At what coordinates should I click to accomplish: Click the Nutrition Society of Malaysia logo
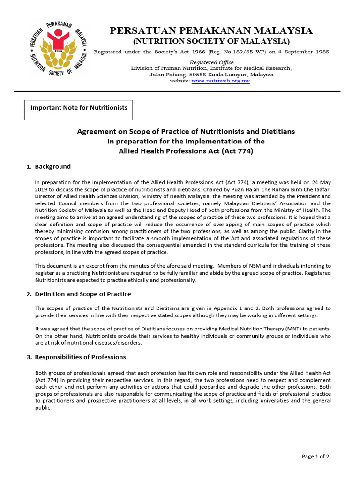(58, 49)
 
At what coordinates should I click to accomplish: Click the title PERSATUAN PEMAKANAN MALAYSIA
(211, 31)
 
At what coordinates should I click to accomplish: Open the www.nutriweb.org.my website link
(220, 81)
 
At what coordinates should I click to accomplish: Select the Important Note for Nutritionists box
(79, 108)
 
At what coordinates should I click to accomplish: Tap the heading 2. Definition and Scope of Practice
(82, 294)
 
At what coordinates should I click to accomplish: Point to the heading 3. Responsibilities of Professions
(80, 357)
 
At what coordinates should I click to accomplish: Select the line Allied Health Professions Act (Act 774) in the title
(186, 151)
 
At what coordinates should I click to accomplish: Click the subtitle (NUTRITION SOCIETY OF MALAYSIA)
(211, 41)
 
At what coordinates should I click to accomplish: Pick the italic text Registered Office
(211, 62)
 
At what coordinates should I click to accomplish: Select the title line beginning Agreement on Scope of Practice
(186, 131)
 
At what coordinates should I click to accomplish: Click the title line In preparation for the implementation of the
(186, 141)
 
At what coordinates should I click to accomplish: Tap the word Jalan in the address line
(157, 75)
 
